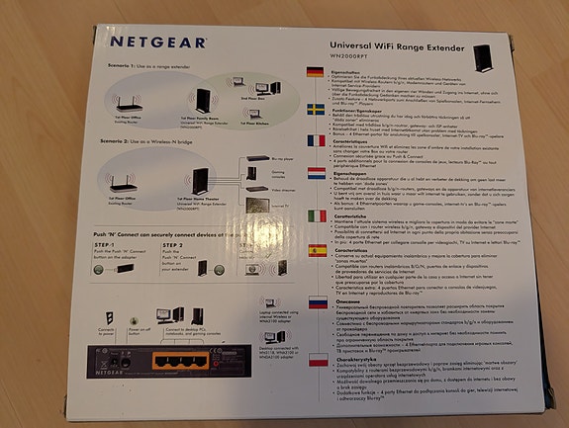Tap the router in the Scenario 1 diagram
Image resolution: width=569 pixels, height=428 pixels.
click(x=128, y=104)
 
